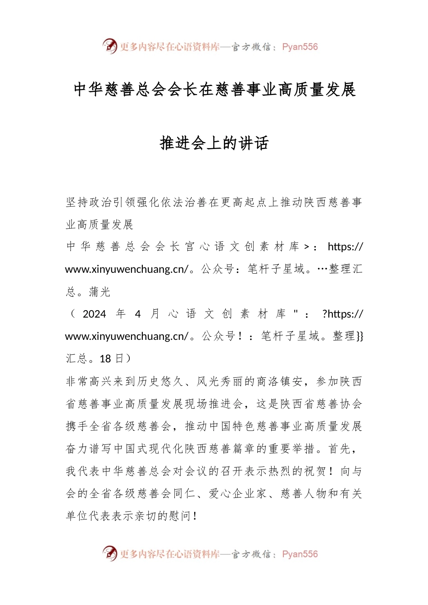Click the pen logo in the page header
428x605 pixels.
[109, 46]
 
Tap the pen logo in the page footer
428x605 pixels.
[109, 553]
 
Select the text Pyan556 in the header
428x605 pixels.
[300, 47]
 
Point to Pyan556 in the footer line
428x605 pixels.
[300, 554]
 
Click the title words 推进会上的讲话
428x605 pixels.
[214, 143]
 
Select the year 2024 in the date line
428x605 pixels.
[94, 314]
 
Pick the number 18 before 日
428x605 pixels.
[105, 359]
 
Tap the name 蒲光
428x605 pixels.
[100, 292]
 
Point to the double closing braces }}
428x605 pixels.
[360, 336]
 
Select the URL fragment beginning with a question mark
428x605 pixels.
[342, 314]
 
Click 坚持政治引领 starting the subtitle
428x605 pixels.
[100, 202]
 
